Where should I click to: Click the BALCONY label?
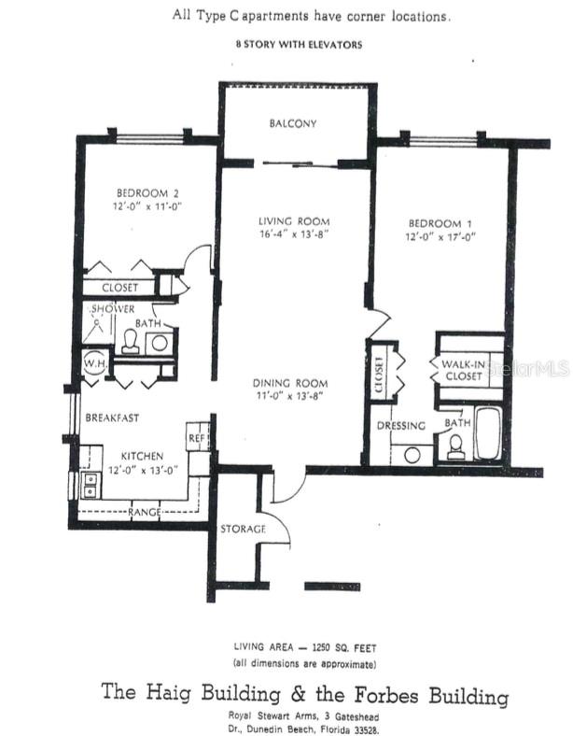(293, 123)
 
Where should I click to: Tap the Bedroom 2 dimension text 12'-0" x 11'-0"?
(147, 206)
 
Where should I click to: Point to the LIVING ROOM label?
(294, 221)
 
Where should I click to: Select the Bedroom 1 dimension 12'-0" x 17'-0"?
(440, 236)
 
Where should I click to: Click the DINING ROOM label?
(290, 383)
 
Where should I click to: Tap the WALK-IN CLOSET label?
(463, 370)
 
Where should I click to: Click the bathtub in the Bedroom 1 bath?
(488, 433)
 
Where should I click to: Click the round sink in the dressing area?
(412, 455)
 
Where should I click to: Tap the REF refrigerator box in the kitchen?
(198, 437)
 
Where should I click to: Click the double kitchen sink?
(90, 486)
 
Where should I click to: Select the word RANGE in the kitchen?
(144, 512)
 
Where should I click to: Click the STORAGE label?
(243, 529)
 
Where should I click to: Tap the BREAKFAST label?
(112, 418)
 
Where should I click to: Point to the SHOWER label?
(113, 309)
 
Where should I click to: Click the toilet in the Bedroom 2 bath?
(130, 342)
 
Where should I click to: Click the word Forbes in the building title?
(386, 695)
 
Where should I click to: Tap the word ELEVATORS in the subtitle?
(337, 45)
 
